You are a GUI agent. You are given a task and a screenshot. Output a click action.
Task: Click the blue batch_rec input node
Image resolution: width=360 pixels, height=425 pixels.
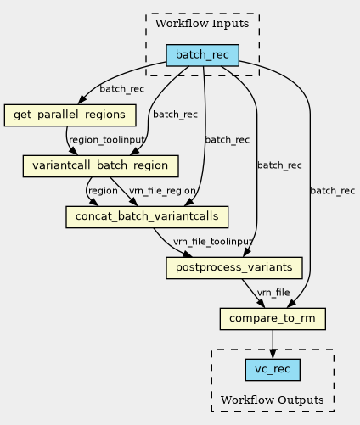click(x=202, y=55)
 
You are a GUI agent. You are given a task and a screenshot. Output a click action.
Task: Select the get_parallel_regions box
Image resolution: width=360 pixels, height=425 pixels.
click(x=70, y=115)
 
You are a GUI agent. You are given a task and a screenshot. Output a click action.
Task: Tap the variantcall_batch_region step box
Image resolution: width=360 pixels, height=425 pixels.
click(x=100, y=166)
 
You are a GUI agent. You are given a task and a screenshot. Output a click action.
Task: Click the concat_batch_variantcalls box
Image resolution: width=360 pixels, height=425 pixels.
click(x=147, y=217)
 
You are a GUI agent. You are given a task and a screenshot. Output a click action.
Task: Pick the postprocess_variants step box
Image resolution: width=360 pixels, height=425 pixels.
click(x=234, y=268)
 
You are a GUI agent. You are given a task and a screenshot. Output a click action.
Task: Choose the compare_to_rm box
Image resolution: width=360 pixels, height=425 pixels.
click(x=273, y=319)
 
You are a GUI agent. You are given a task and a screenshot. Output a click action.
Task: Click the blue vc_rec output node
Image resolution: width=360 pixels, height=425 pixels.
click(x=273, y=370)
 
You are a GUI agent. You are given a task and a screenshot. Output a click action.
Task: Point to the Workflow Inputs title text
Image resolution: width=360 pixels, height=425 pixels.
click(x=202, y=24)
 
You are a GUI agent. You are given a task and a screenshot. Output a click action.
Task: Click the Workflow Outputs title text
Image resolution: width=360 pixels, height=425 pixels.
click(x=273, y=400)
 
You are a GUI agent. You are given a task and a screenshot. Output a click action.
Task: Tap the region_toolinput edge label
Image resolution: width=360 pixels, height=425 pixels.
click(x=107, y=140)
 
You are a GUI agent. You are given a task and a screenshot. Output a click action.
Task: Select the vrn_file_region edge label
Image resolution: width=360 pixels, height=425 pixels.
click(x=162, y=191)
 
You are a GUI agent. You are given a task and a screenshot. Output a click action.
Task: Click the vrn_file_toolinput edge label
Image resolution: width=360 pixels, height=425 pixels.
click(x=212, y=242)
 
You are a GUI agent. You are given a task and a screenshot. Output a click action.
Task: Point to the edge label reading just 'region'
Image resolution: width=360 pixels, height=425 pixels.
click(x=103, y=191)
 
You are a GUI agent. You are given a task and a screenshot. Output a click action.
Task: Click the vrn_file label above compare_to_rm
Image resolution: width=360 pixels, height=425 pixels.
click(x=273, y=293)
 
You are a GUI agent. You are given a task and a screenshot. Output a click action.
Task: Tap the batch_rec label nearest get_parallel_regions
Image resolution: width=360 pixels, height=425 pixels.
click(x=122, y=89)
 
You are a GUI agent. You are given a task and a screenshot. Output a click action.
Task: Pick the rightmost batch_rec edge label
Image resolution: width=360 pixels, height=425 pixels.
click(x=333, y=191)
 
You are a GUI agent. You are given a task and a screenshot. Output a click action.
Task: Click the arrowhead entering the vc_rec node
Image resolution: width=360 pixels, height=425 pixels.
click(x=273, y=354)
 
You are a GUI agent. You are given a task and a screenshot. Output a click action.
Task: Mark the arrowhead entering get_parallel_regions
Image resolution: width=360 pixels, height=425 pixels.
click(x=82, y=99)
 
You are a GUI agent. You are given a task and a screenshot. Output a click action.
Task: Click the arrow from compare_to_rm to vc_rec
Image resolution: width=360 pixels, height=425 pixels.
click(x=273, y=344)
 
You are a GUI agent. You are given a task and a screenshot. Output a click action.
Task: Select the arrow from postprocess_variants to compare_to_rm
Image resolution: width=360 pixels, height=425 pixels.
click(x=253, y=294)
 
